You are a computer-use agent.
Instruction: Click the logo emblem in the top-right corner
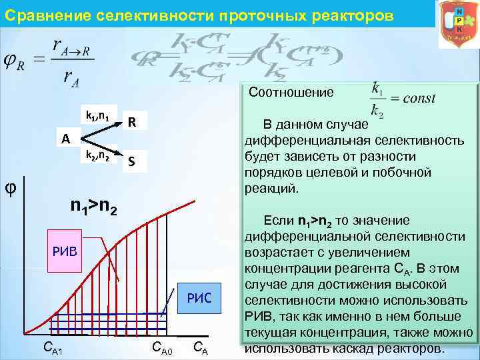tap(458, 24)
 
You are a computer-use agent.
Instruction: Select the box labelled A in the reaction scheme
tap(65, 139)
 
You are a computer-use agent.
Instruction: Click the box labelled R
tap(132, 121)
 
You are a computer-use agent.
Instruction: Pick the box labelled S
tap(132, 161)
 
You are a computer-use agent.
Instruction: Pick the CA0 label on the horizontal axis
tap(162, 347)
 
